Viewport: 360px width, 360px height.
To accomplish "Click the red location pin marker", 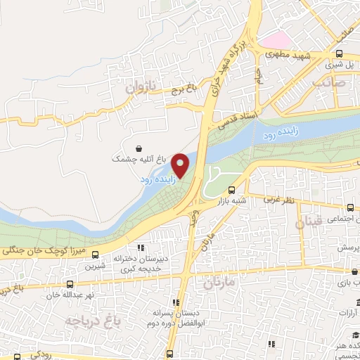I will pyautogui.click(x=181, y=165).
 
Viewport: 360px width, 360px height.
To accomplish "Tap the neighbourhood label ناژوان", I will pyautogui.click(x=139, y=88).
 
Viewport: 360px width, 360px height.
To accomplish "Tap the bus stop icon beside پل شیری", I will pyautogui.click(x=340, y=53).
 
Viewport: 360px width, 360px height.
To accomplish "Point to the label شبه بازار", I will pyautogui.click(x=233, y=200).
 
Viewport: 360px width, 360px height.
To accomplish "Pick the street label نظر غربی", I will pyautogui.click(x=280, y=200).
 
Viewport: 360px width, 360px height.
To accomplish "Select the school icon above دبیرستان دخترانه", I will pyautogui.click(x=140, y=247).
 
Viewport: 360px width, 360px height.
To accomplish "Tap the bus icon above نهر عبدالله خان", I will pyautogui.click(x=70, y=284).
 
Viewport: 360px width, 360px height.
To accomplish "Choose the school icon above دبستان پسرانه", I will pyautogui.click(x=176, y=302).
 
